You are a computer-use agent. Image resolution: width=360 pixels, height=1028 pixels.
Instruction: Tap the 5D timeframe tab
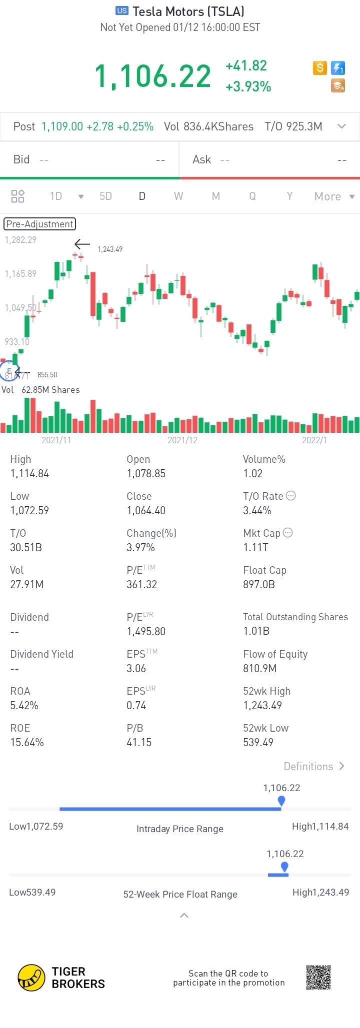[x=105, y=196]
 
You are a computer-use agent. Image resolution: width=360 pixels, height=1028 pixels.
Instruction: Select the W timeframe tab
[x=178, y=196]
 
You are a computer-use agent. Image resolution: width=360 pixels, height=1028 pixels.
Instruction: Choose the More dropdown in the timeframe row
[x=334, y=196]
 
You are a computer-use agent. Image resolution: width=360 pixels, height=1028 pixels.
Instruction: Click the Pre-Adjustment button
[x=40, y=224]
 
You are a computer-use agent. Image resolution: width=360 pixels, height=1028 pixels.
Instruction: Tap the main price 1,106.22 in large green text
[x=153, y=76]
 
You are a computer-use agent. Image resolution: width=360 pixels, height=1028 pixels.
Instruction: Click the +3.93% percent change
[x=248, y=87]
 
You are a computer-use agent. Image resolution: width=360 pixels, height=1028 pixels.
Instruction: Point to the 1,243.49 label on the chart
[x=110, y=249]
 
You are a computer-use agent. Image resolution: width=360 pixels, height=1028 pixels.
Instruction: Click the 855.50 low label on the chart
[x=47, y=374]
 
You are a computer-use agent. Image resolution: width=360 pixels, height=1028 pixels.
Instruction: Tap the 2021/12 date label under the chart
[x=182, y=440]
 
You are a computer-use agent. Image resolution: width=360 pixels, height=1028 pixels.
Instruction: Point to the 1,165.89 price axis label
[x=20, y=273]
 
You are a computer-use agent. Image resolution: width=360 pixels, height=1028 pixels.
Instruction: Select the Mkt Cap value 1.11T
[x=255, y=547]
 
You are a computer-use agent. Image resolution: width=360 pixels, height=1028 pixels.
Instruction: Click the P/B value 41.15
[x=139, y=742]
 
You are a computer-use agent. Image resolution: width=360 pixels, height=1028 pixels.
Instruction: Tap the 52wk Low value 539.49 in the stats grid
[x=258, y=742]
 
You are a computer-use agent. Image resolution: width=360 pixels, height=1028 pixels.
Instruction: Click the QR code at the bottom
[x=318, y=977]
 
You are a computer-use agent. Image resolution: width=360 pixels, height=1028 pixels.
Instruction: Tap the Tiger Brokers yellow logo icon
[x=31, y=978]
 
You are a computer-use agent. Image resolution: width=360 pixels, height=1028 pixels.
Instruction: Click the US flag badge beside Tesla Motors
[x=122, y=10]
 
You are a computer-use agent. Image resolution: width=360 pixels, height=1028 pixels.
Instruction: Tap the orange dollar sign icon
[x=320, y=67]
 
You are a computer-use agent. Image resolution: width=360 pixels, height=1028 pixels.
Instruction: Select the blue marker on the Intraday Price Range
[x=281, y=801]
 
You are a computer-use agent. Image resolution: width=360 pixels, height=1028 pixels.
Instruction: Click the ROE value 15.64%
[x=27, y=742]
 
